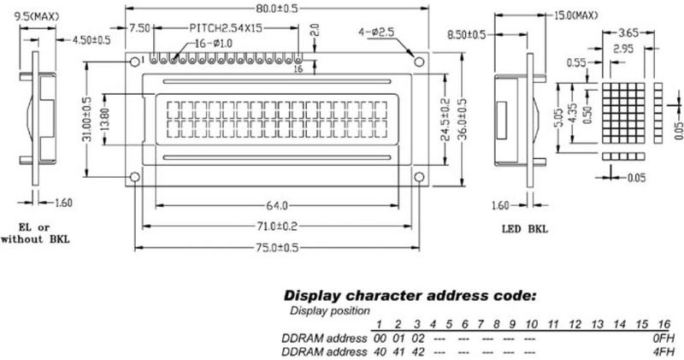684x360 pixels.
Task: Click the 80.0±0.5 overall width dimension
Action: click(276, 9)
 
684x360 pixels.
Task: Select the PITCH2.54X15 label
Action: click(226, 28)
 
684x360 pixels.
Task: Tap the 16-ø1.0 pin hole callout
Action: click(213, 44)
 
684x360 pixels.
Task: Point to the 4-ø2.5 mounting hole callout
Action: click(376, 32)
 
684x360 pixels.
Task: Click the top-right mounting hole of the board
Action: click(419, 62)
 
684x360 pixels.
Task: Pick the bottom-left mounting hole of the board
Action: click(135, 177)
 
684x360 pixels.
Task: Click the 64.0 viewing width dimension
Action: click(277, 205)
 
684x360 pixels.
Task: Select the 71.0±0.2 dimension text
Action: click(276, 226)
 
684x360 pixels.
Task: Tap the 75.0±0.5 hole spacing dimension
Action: click(277, 248)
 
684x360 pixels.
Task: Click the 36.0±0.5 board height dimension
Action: click(463, 119)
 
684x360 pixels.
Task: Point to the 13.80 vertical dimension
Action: click(105, 120)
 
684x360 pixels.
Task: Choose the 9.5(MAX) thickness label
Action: click(37, 17)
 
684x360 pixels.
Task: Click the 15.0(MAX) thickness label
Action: click(575, 15)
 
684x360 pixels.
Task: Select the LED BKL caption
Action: click(524, 228)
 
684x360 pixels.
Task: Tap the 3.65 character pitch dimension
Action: click(628, 32)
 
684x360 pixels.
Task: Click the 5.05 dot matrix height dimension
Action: click(562, 118)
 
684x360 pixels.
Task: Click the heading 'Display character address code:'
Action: click(410, 295)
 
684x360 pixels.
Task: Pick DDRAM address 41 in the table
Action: click(398, 351)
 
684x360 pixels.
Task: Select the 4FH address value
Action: click(663, 351)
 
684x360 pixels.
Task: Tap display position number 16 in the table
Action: click(663, 324)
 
